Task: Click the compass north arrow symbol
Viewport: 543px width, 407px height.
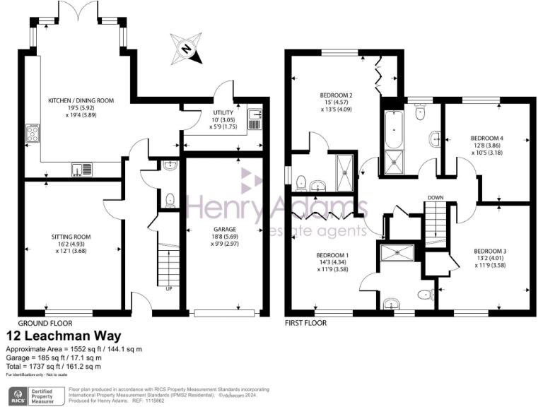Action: point(185,49)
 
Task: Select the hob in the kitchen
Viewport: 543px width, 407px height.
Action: point(33,134)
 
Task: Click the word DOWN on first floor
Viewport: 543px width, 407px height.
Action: point(435,198)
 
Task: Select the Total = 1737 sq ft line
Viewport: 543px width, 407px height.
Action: point(54,366)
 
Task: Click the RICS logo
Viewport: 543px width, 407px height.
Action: point(18,394)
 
